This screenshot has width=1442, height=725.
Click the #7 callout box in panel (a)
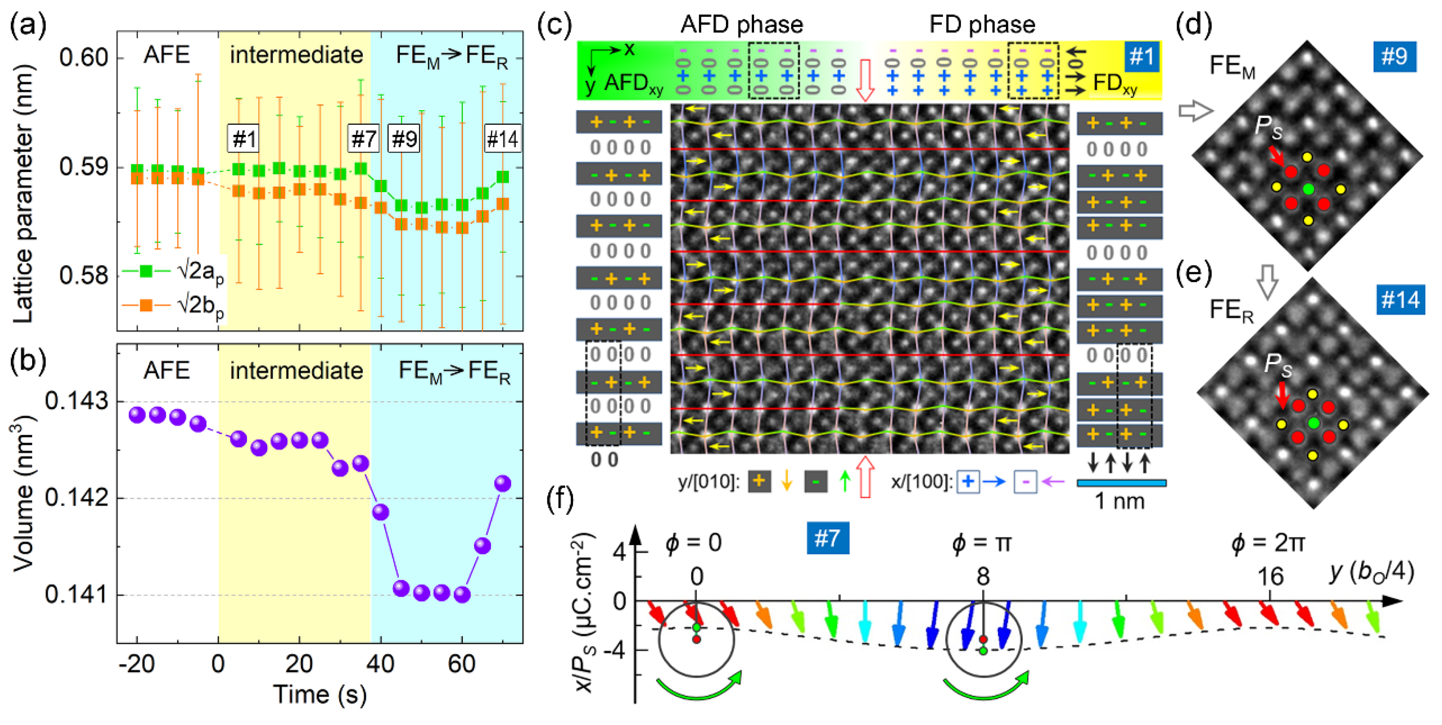tap(363, 138)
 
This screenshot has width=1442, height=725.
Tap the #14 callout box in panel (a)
tap(502, 138)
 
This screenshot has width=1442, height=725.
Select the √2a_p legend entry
tap(173, 271)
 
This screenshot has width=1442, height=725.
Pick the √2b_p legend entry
tap(173, 306)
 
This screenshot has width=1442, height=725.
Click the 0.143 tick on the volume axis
tap(77, 401)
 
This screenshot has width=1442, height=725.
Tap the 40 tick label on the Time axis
tap(380, 664)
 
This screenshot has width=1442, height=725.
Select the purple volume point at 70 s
tap(503, 483)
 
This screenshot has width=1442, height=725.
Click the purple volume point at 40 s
tap(380, 512)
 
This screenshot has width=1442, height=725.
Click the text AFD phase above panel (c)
tap(741, 25)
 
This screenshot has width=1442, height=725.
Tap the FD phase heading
tap(982, 25)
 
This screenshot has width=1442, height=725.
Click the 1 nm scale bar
tap(1121, 483)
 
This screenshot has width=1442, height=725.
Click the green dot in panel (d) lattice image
tap(1308, 189)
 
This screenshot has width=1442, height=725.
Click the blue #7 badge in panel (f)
tap(827, 539)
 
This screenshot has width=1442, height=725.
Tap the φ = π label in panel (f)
tap(982, 542)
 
